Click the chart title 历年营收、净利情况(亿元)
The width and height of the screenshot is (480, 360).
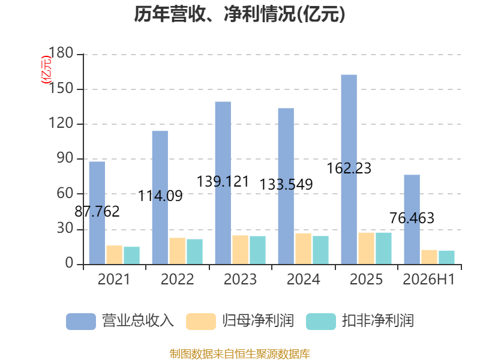pyautogui.click(x=239, y=14)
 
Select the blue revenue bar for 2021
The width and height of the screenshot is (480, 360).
pyautogui.click(x=97, y=213)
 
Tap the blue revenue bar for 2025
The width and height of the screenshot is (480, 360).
pyautogui.click(x=349, y=169)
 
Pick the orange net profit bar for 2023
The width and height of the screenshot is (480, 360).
pyautogui.click(x=241, y=250)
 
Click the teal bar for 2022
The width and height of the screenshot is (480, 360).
pyautogui.click(x=194, y=251)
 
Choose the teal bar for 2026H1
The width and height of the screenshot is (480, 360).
pyautogui.click(x=446, y=257)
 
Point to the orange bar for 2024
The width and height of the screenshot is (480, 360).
pyautogui.click(x=304, y=248)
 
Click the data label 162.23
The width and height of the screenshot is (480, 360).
pyautogui.click(x=349, y=169)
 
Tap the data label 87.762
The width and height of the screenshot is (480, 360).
pyautogui.click(x=97, y=212)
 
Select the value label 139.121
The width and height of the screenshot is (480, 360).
pyautogui.click(x=223, y=182)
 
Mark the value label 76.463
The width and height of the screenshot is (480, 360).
pyautogui.click(x=412, y=218)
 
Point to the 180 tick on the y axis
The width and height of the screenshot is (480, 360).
pyautogui.click(x=61, y=53)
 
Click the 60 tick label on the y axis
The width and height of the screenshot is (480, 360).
pyautogui.click(x=65, y=193)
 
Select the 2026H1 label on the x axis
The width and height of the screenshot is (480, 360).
pyautogui.click(x=429, y=279)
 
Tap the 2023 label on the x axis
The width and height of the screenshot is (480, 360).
pyautogui.click(x=241, y=279)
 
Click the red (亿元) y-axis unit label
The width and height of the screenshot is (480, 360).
pyautogui.click(x=47, y=70)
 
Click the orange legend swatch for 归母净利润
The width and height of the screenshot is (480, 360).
pyautogui.click(x=201, y=322)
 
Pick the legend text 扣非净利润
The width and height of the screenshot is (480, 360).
pyautogui.click(x=378, y=321)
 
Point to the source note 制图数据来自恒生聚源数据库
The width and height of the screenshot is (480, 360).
pyautogui.click(x=239, y=354)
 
